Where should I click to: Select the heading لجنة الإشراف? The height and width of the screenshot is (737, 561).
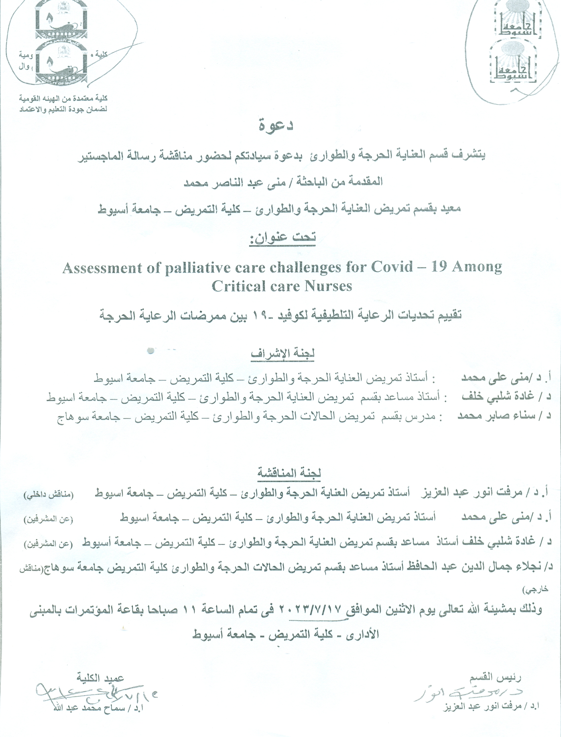283,354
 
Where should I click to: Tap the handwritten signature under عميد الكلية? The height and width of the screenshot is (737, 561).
94,695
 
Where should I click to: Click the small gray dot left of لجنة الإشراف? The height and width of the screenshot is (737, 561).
150,351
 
